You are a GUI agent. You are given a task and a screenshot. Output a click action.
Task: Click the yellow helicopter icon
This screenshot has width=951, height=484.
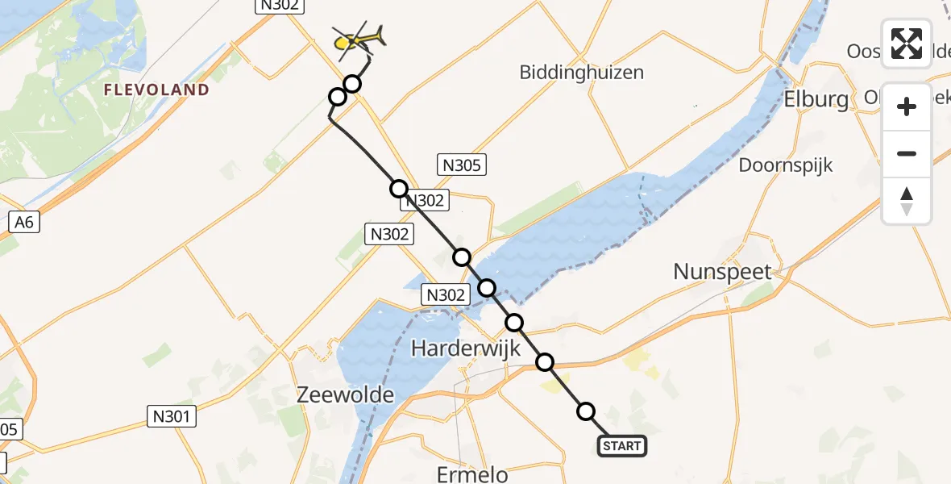[x=357, y=39]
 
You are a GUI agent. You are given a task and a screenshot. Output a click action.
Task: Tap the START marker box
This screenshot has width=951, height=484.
[x=622, y=446]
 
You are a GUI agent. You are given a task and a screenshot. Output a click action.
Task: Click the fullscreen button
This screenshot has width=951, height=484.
[x=907, y=44]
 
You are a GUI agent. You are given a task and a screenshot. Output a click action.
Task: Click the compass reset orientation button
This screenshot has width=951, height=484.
[x=907, y=201]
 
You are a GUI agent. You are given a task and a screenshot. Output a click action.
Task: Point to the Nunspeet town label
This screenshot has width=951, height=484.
[x=723, y=272]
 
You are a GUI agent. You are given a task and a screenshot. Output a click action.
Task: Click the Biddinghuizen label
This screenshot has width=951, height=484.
[x=582, y=72]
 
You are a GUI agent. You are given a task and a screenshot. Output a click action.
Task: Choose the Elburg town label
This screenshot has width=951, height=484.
[x=816, y=99]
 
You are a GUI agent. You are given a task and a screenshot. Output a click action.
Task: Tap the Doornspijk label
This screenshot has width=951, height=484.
[x=786, y=165]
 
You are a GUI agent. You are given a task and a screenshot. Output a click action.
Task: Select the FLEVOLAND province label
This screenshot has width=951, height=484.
[x=156, y=90]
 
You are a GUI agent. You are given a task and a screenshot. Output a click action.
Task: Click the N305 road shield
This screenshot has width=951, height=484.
[x=462, y=166]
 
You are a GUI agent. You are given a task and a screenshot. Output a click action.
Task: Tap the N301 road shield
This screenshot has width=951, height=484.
[x=172, y=416]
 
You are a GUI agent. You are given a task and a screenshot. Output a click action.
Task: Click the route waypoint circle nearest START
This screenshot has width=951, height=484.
[x=585, y=411]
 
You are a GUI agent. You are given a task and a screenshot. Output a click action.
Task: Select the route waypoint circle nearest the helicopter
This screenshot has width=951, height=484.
[x=352, y=83]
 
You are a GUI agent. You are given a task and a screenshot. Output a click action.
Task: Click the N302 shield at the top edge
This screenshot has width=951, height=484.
[x=280, y=6]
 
